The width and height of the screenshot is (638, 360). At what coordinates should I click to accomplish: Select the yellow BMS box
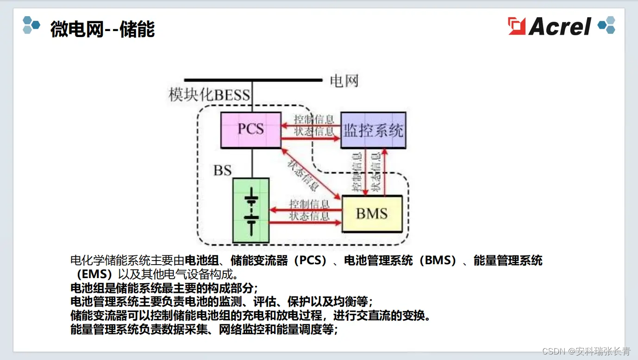coord(372,214)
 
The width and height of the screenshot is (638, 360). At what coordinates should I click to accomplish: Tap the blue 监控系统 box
coord(373,130)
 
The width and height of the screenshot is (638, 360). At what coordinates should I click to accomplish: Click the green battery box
coord(251,210)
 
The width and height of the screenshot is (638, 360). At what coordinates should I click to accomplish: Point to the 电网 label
coord(344,81)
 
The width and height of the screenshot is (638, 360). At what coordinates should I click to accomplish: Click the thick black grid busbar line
coord(253,80)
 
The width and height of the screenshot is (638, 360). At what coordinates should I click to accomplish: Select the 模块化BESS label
coord(209,95)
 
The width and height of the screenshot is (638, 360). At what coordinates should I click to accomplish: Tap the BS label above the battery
coord(222,170)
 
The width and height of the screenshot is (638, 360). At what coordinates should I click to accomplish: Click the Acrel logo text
coord(560,26)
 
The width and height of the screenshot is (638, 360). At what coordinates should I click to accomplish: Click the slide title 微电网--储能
coord(102,29)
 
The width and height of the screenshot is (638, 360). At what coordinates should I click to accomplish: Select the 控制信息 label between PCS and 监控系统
coord(314,119)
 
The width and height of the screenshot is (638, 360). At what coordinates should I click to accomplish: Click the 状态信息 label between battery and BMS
coord(309,216)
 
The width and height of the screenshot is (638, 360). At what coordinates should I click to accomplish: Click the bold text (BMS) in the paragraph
coord(438,261)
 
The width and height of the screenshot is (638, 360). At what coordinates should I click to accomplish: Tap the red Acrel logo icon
coord(517,26)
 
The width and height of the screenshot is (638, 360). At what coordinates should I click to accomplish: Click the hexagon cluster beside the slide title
coord(31,25)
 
